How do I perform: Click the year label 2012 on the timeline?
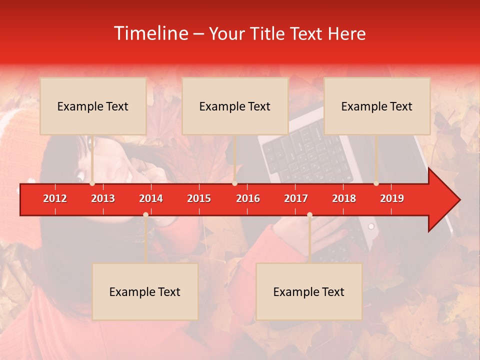tap(55, 198)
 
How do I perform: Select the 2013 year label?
tap(103, 198)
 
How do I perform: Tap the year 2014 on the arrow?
tap(151, 198)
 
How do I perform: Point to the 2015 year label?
tap(199, 198)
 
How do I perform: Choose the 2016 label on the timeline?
tap(248, 198)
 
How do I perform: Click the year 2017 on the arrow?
tap(296, 198)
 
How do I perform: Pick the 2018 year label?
tap(344, 198)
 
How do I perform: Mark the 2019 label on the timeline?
tap(392, 198)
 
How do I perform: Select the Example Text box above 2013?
tap(93, 106)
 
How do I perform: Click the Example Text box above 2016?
tap(235, 106)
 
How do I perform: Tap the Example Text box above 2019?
tap(377, 106)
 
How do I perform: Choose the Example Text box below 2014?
tap(145, 291)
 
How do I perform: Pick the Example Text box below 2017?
tap(309, 291)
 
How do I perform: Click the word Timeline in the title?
tap(150, 33)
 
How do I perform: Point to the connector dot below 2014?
tap(145, 215)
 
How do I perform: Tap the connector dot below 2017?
tap(309, 215)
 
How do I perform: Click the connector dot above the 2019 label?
tap(376, 183)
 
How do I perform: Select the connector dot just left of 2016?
tap(234, 183)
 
